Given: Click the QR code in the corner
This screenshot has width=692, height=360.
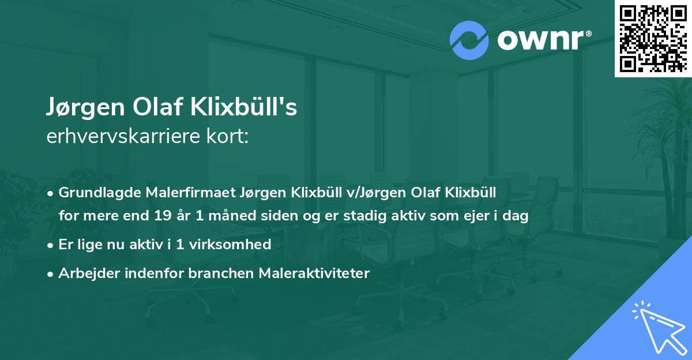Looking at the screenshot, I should tap(653, 39).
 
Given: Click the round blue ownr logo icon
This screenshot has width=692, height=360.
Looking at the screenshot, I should tap(468, 40).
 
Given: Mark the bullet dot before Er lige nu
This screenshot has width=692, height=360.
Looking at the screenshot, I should tap(51, 245).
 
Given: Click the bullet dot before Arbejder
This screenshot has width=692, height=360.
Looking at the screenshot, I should tap(51, 273).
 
